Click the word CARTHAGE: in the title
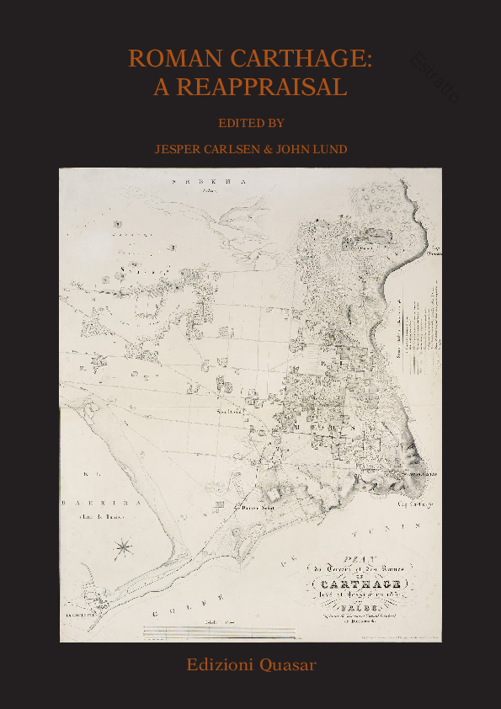click(x=300, y=59)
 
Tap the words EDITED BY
click(x=250, y=123)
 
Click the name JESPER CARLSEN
click(x=199, y=149)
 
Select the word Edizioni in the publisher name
click(x=218, y=665)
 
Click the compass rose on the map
click(x=124, y=547)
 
